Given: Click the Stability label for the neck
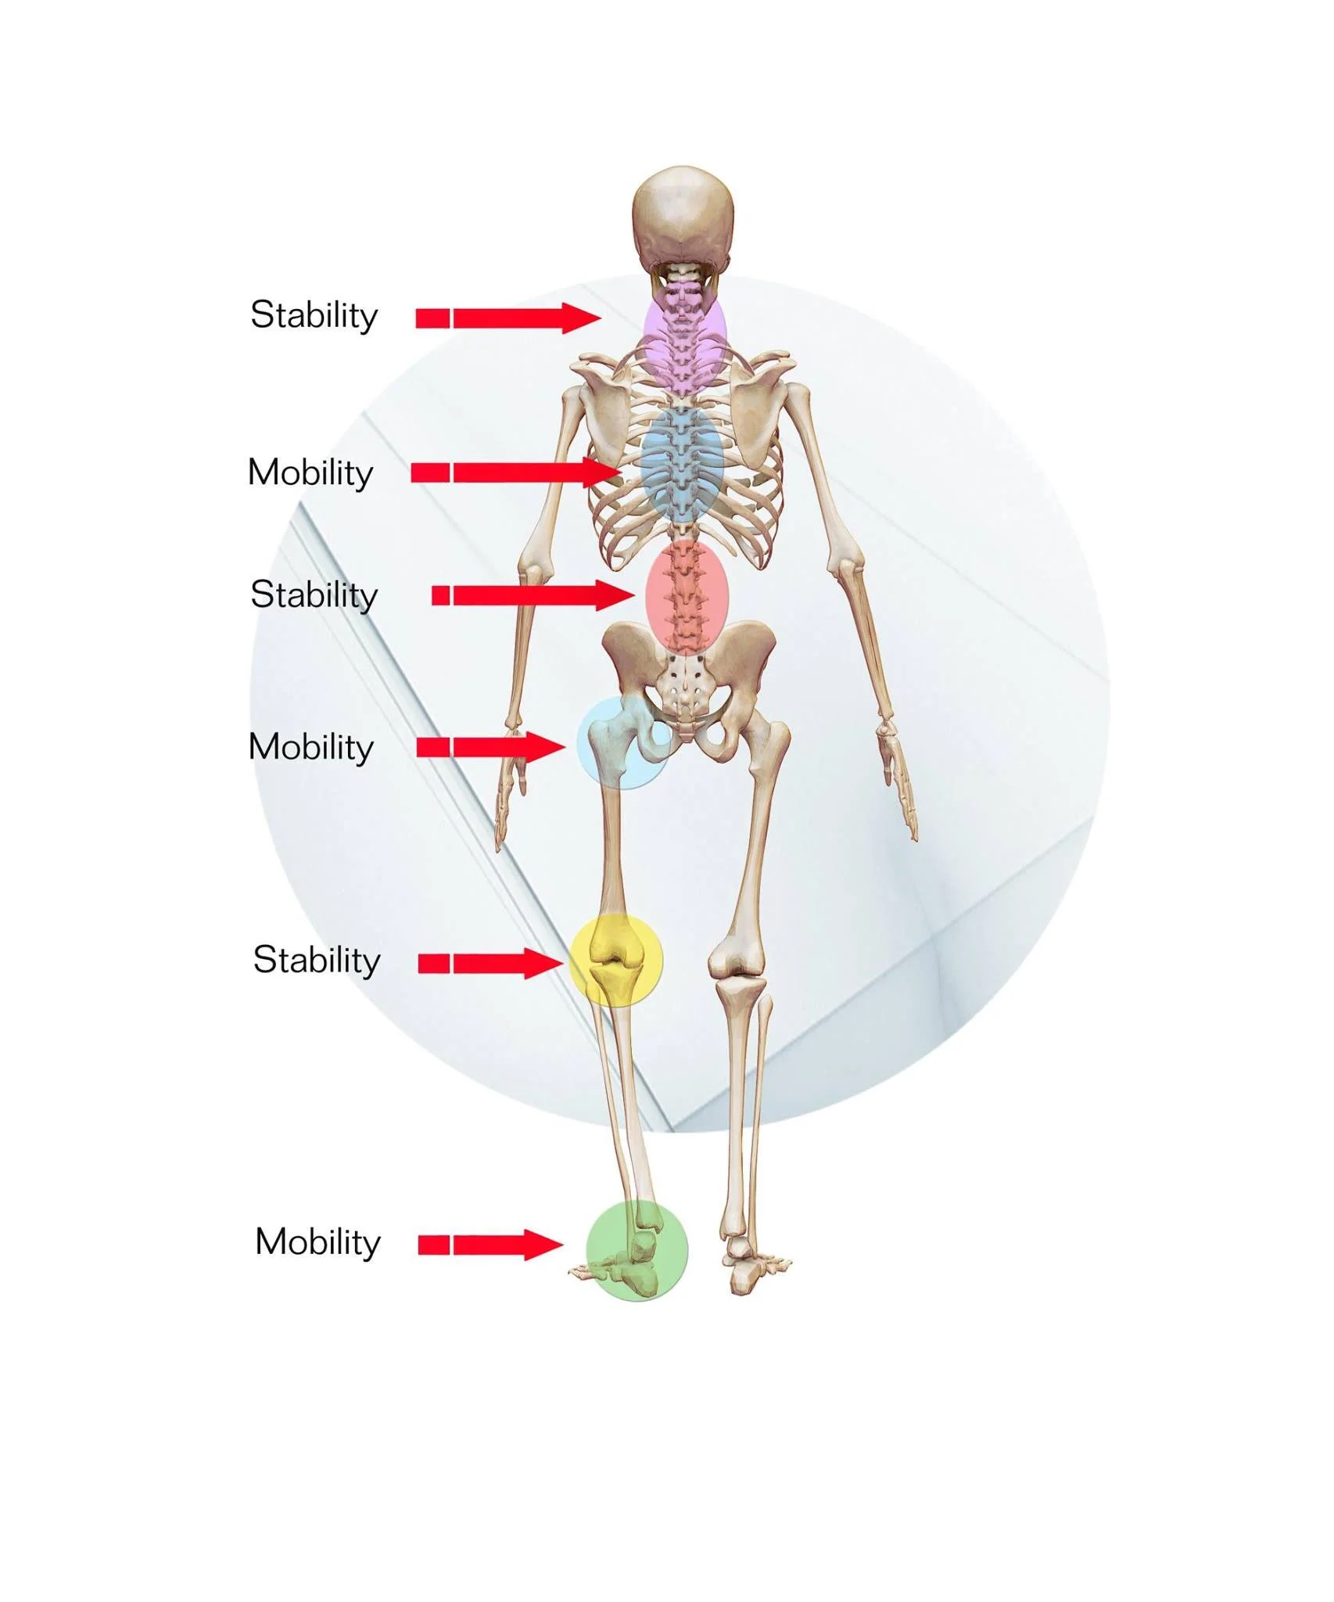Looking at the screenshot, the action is [x=314, y=316].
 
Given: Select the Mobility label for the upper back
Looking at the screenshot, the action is [x=310, y=472].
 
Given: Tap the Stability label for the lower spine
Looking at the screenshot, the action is [x=314, y=595].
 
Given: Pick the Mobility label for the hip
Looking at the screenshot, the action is [x=310, y=747].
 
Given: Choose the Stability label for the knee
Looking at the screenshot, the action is [x=316, y=960].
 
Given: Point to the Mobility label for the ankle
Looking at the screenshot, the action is [x=317, y=1241].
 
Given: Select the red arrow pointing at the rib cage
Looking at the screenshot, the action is [x=516, y=472].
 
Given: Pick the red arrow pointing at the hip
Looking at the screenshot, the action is [x=491, y=747].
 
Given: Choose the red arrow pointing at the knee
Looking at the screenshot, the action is [x=491, y=963].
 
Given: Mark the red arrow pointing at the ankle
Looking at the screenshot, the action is [x=491, y=1244].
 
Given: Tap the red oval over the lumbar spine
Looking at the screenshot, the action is [x=687, y=596].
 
